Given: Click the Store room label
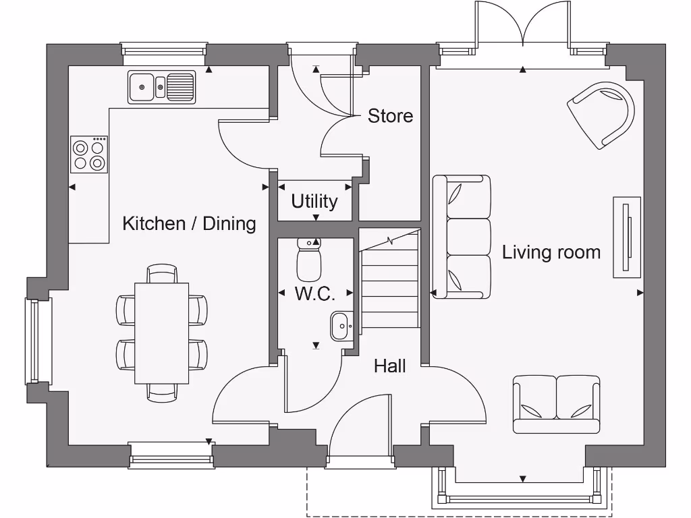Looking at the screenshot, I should (390, 116).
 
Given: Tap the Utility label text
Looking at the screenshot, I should (314, 201).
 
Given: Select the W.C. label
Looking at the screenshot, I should (314, 293).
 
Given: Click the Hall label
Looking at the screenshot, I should (390, 366).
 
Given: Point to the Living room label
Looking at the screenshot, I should (551, 252).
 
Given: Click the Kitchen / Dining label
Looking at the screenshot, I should (189, 223).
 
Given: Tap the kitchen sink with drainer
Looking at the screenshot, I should (161, 86).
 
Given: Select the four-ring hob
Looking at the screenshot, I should (89, 154).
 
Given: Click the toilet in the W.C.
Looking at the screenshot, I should (309, 260).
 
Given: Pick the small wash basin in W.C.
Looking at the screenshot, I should (341, 326).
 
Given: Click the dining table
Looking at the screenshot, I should (161, 333).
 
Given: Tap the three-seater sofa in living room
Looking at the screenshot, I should (462, 237).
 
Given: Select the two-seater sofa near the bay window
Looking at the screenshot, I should (556, 403).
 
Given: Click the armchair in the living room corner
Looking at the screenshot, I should (604, 113).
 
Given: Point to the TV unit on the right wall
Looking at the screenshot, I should (626, 237).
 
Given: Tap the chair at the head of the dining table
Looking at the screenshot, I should (161, 272).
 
